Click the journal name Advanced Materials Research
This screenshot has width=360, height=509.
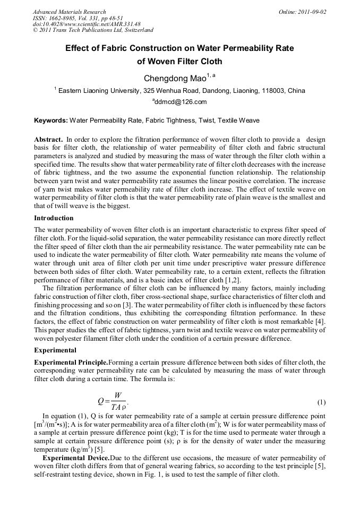(x=69, y=12)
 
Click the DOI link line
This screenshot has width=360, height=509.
(x=86, y=24)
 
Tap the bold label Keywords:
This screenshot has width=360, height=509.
(x=50, y=120)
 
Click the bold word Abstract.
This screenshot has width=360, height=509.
(x=48, y=140)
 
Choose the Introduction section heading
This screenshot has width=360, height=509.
(x=54, y=218)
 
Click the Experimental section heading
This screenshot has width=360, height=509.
(x=55, y=350)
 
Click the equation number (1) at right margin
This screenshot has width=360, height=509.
(x=321, y=402)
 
